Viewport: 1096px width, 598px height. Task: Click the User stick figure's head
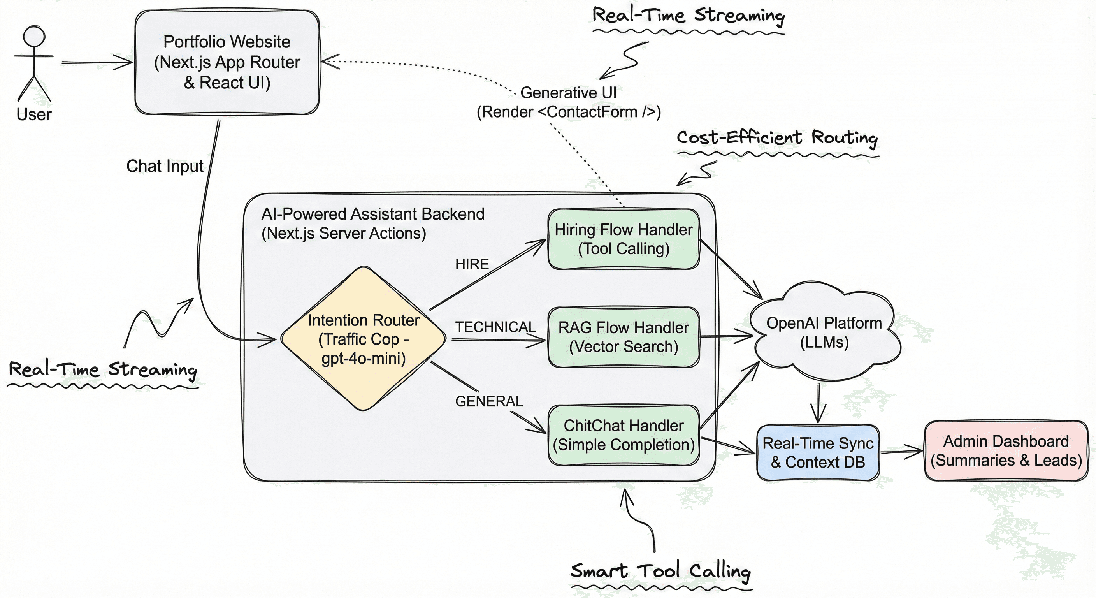point(34,37)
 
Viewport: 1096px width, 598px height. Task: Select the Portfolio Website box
point(227,62)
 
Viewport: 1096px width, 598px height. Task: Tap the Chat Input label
point(165,166)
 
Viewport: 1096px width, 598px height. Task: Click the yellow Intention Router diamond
point(363,339)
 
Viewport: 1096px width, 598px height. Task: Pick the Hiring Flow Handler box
point(623,239)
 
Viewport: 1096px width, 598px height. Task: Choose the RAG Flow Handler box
point(623,337)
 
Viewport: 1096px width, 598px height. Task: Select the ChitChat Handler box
point(623,434)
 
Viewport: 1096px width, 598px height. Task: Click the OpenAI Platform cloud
point(824,332)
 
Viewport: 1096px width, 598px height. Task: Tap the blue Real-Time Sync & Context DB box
point(817,452)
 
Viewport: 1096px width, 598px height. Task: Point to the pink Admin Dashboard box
point(1006,451)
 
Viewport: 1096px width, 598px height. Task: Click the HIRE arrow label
point(472,264)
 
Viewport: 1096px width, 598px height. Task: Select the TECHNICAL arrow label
point(495,327)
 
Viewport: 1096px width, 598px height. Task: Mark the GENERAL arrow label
point(489,401)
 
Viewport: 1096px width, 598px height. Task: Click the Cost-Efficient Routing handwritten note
point(777,138)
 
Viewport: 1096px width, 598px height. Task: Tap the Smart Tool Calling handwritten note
point(660,571)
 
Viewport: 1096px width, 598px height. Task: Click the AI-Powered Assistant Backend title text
point(373,214)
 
